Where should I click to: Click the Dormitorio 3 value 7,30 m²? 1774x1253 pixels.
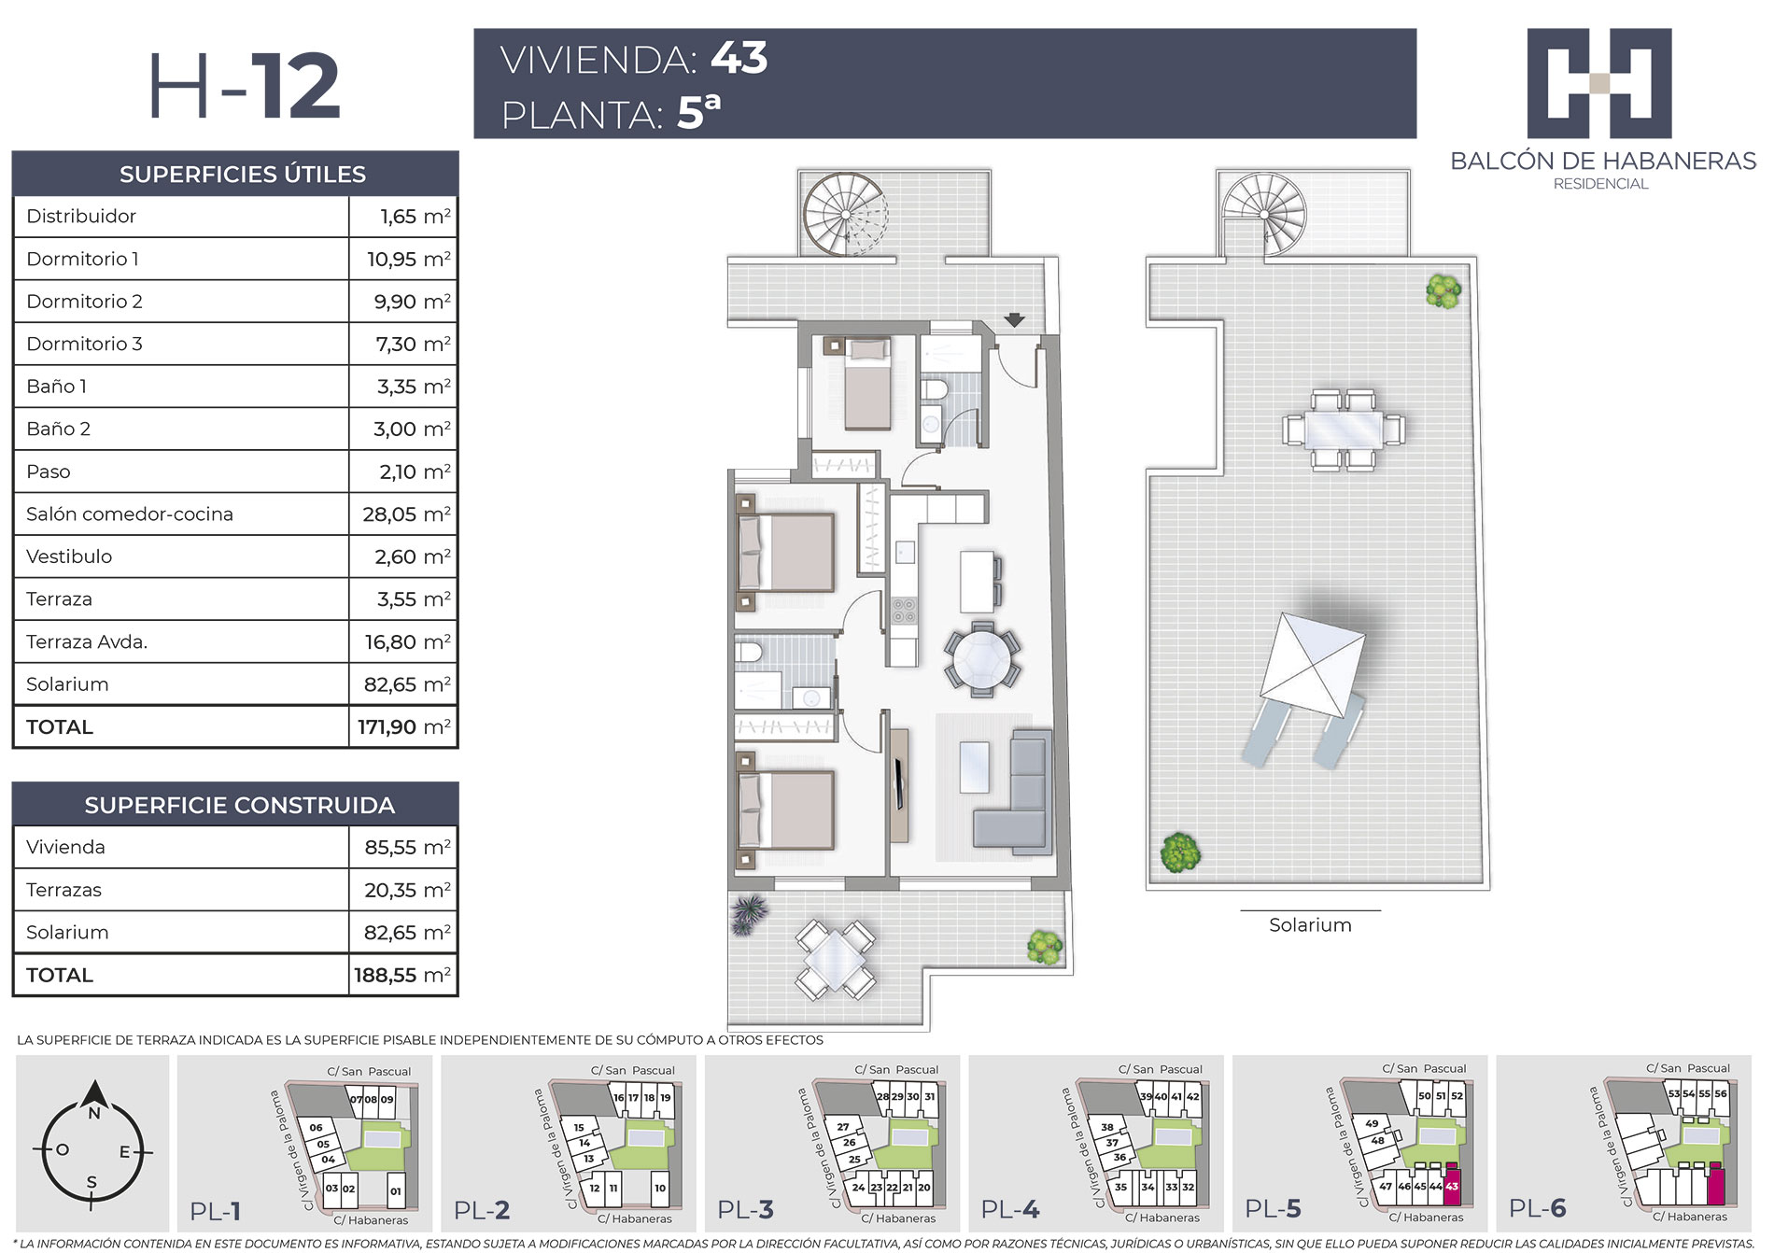413,344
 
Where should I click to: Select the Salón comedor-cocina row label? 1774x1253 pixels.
130,514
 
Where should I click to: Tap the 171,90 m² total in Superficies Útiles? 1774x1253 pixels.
403,726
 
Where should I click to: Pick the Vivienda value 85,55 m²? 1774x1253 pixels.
407,847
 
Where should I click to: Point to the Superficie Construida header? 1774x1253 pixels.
240,805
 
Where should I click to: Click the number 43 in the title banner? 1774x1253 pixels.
739,58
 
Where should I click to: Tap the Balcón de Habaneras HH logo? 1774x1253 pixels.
1599,83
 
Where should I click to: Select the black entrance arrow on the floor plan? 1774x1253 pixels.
1014,319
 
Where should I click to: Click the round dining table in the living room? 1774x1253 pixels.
981,658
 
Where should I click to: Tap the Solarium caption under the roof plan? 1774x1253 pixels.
1310,924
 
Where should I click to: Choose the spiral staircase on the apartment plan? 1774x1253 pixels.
845,213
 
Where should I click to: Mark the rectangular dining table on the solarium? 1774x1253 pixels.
1344,430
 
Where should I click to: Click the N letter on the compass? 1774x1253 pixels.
93,1114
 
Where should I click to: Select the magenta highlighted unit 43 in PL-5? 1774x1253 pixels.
1452,1185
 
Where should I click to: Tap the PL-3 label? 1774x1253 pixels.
745,1210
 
